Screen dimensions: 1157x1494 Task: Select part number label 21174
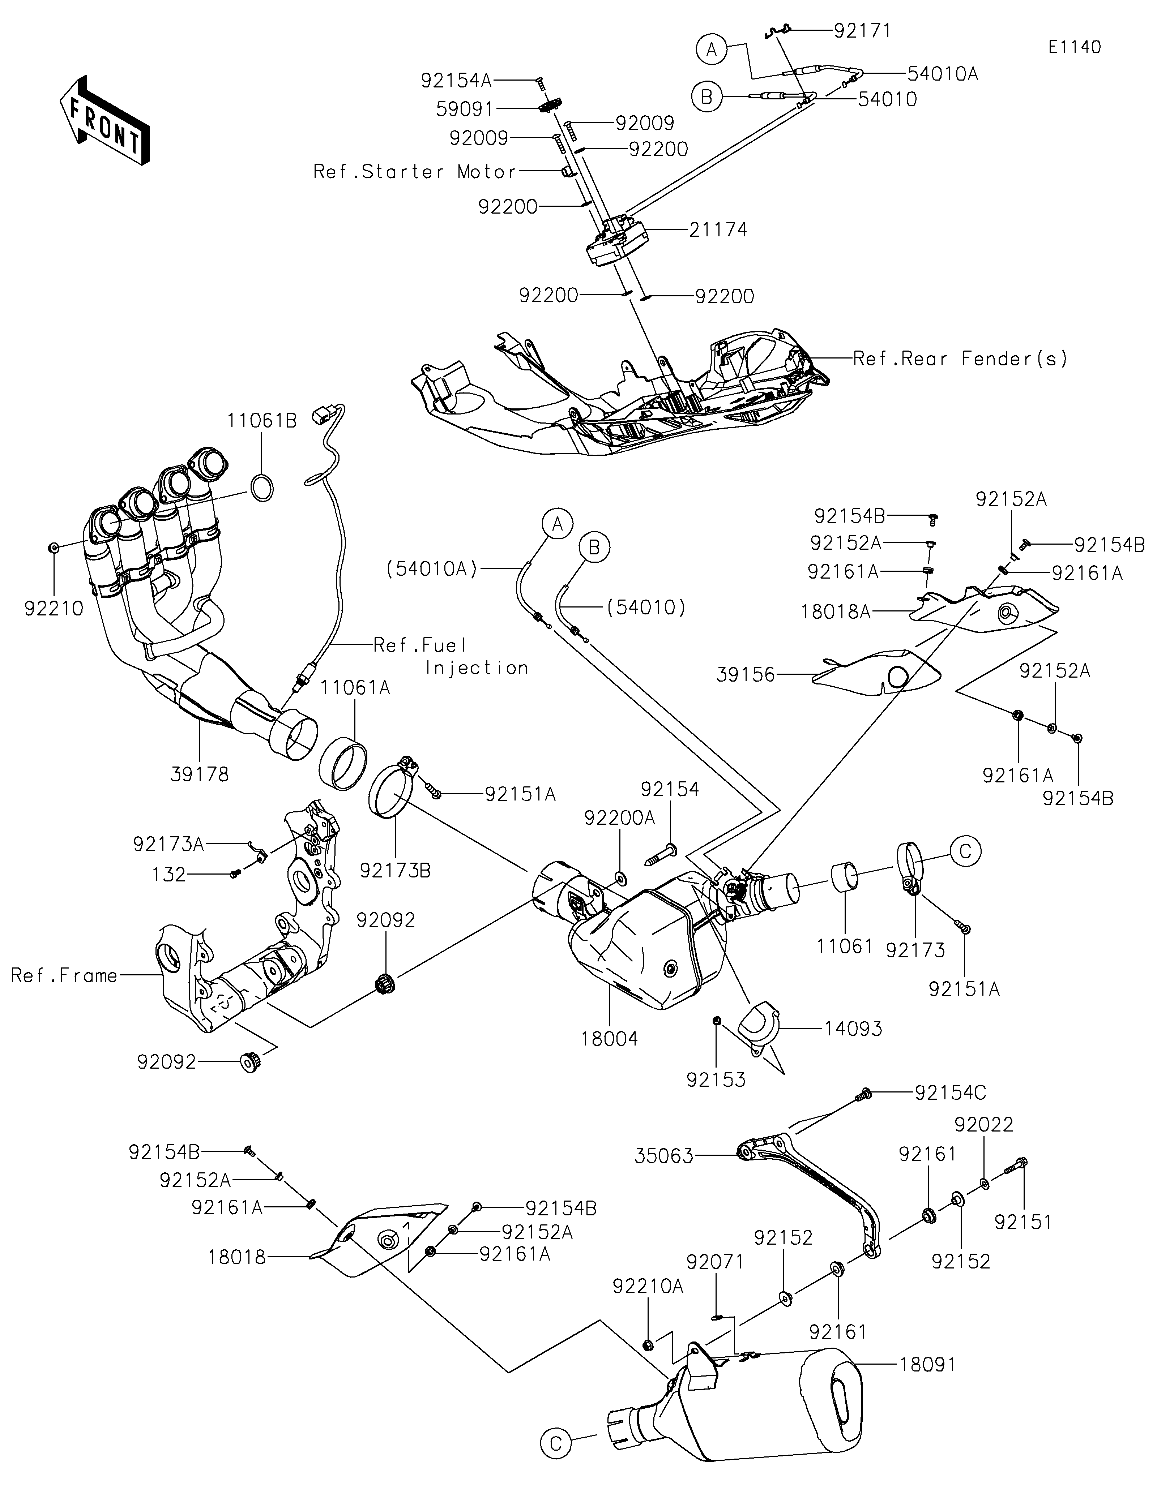pos(718,230)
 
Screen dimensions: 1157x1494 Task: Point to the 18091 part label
pos(927,1364)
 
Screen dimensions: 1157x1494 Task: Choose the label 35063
pos(664,1156)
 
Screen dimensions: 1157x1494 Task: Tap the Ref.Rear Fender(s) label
pos(960,359)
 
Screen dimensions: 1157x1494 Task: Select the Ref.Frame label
pos(64,975)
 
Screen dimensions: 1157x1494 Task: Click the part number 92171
pos(863,31)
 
